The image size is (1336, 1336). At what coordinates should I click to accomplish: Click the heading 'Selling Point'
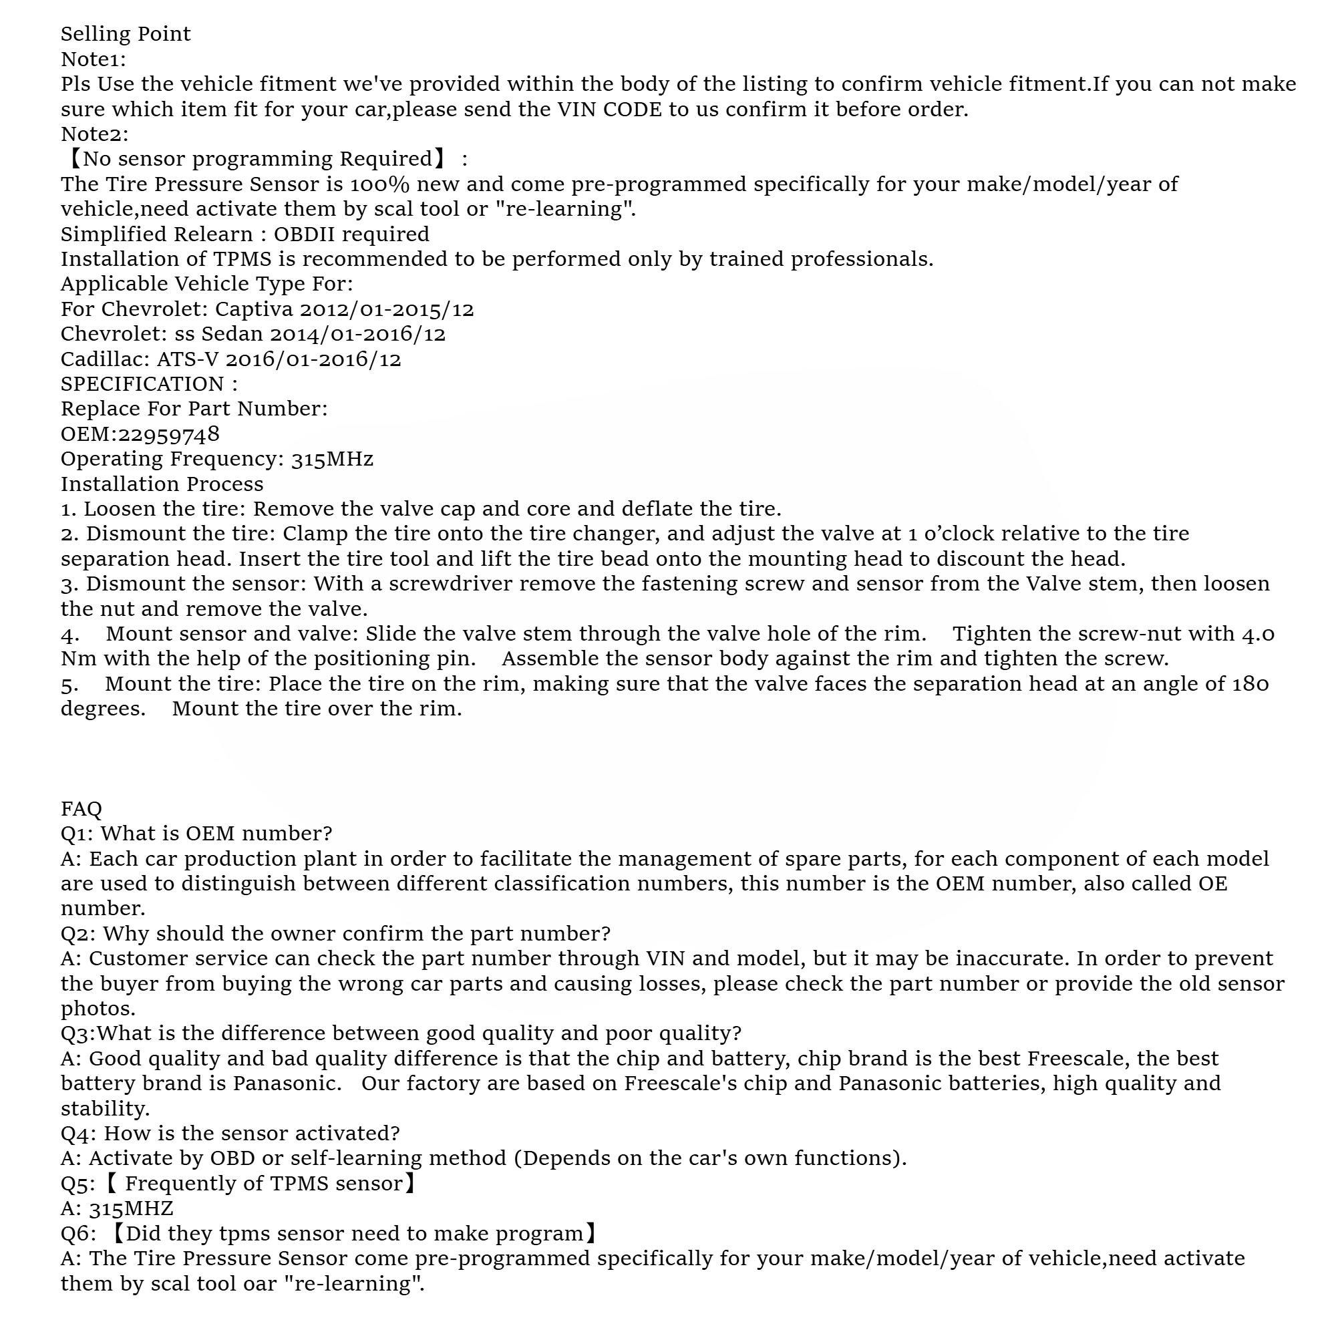[x=125, y=34]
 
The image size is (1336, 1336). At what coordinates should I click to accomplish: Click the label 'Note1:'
[x=94, y=59]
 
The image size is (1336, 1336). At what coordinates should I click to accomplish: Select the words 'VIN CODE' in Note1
[x=609, y=110]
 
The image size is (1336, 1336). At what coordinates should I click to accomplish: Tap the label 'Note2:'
[x=94, y=134]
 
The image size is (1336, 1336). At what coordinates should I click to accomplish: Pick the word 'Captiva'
[x=254, y=309]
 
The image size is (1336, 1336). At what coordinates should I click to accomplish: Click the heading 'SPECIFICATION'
[x=142, y=385]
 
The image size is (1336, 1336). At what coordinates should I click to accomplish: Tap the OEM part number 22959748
[x=169, y=434]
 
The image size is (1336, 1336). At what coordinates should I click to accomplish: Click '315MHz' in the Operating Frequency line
[x=332, y=459]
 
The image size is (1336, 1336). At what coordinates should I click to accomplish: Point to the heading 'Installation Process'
[x=162, y=484]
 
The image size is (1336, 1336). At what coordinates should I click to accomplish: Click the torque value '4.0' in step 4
[x=1258, y=634]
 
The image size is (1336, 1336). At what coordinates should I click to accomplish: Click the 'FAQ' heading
[x=81, y=808]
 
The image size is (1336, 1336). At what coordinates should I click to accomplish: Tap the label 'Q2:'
[x=78, y=934]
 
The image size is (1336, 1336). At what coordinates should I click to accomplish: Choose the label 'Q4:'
[x=78, y=1134]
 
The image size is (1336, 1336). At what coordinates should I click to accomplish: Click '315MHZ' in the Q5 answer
[x=131, y=1209]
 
